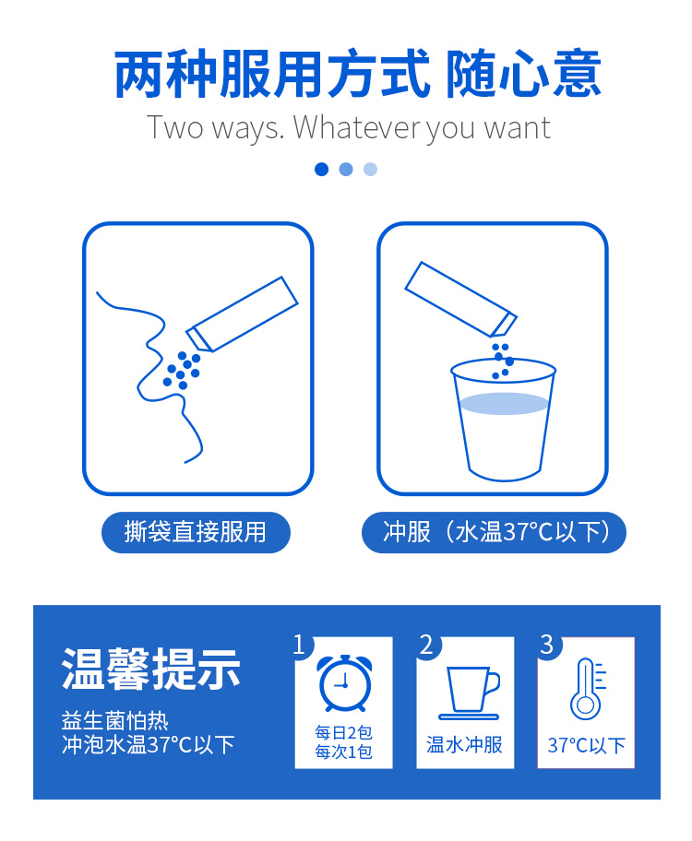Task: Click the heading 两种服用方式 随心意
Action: (358, 74)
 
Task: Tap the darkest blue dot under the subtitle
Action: (321, 170)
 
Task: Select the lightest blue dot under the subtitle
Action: (370, 170)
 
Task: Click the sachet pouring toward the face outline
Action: (242, 314)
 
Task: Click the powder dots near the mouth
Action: (182, 370)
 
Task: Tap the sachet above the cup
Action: (460, 299)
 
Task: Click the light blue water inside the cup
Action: (504, 403)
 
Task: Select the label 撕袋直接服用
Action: (196, 532)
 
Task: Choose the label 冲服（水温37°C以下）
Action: (494, 532)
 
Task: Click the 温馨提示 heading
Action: (150, 669)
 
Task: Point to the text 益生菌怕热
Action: (114, 721)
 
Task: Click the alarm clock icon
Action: (343, 682)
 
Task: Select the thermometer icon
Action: (587, 689)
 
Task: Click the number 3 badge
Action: (547, 645)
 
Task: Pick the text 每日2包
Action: (343, 733)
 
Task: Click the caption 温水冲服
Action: (464, 744)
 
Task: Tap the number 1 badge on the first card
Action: (300, 645)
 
